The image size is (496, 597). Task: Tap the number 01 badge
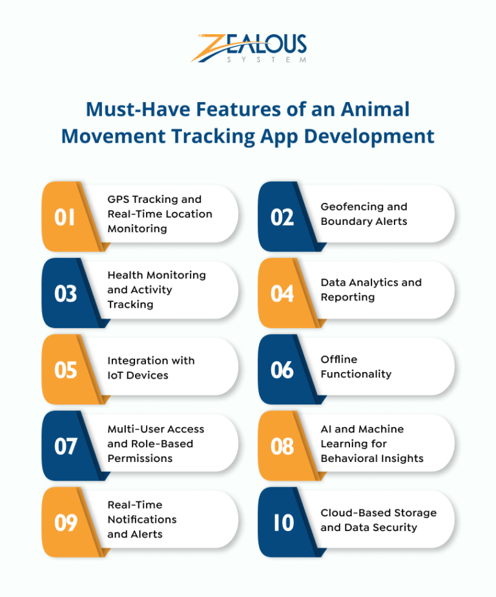click(x=65, y=217)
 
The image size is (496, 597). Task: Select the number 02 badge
click(x=282, y=217)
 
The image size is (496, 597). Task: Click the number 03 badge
click(x=65, y=293)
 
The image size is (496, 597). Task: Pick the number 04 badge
click(x=282, y=293)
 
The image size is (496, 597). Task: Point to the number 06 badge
click(x=282, y=370)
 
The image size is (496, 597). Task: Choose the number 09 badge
click(x=65, y=522)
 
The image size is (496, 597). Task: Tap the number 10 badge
click(x=282, y=522)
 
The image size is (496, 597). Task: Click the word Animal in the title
click(x=376, y=109)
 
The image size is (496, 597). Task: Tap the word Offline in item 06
click(x=339, y=359)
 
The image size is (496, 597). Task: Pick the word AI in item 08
click(x=328, y=429)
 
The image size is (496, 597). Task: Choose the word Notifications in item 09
click(x=142, y=519)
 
